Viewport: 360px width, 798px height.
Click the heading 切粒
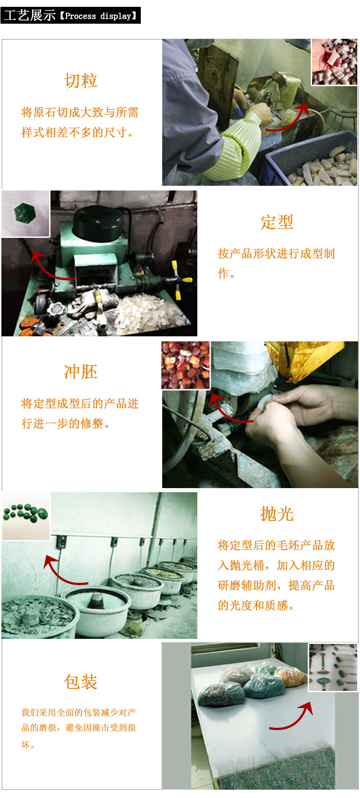(81, 81)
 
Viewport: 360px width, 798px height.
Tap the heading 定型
(277, 222)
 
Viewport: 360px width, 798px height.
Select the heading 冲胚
(81, 372)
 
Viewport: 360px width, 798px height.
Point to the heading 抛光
(277, 514)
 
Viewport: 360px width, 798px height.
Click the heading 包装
(81, 682)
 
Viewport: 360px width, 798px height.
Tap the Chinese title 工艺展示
(30, 15)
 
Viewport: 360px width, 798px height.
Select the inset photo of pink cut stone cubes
(334, 62)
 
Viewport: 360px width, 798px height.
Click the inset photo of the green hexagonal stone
(25, 213)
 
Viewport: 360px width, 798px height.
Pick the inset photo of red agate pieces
(186, 365)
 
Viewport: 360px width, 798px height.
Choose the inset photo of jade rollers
(333, 667)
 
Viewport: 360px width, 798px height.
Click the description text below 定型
(276, 263)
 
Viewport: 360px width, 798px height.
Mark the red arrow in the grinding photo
(228, 408)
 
